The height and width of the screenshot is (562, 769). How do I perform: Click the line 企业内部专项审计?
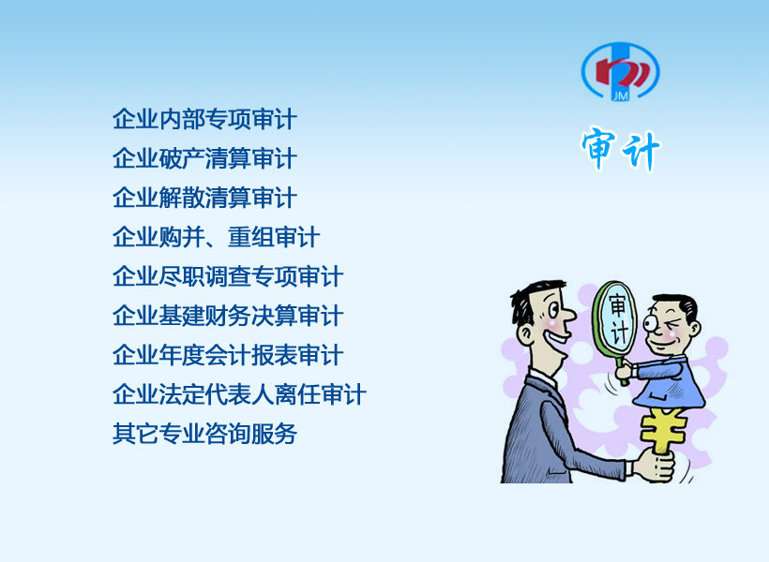(205, 120)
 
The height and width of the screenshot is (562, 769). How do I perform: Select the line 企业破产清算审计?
(205, 158)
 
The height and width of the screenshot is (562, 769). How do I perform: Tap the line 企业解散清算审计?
(205, 198)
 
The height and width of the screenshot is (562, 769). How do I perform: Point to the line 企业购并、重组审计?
(217, 237)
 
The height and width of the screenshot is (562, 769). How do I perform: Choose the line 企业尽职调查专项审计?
(228, 276)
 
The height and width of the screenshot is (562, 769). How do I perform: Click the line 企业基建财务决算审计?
(228, 316)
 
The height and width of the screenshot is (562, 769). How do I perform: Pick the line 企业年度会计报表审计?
(228, 355)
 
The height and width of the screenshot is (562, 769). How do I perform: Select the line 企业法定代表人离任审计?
(239, 394)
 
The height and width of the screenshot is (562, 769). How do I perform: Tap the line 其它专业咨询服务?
(205, 433)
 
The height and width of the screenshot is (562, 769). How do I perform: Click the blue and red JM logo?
(621, 71)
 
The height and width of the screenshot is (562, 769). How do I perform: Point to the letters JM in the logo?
(621, 96)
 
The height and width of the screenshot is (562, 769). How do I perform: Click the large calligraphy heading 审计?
(621, 150)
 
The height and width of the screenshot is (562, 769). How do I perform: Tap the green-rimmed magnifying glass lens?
(615, 318)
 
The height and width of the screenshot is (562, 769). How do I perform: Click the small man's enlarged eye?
(653, 323)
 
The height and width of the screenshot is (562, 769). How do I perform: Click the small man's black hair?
(678, 304)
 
